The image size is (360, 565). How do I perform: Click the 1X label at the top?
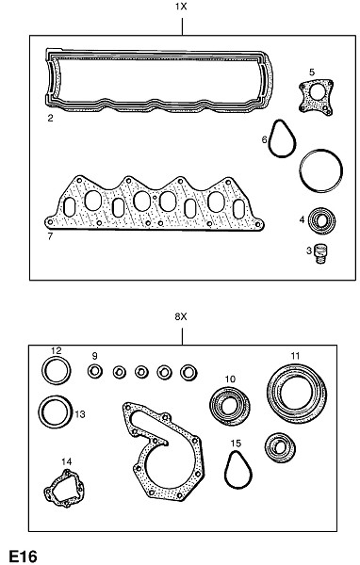pos(181,7)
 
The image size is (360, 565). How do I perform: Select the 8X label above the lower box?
pos(181,316)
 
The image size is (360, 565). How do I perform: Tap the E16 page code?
pos(23,557)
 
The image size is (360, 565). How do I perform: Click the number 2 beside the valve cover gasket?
pos(50,118)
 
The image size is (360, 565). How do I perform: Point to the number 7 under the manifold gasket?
pos(50,236)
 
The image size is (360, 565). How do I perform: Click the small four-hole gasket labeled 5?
pos(316,97)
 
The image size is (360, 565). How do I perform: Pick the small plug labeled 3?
pos(320,254)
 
